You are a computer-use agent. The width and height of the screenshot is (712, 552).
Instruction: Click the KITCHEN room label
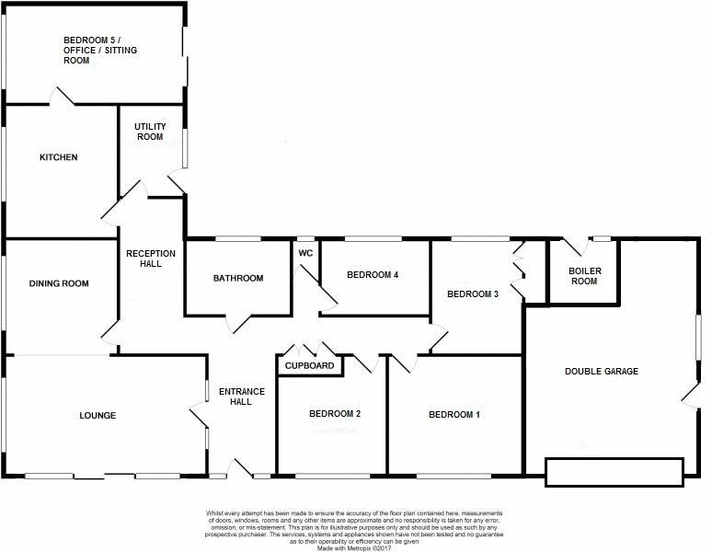pos(59,157)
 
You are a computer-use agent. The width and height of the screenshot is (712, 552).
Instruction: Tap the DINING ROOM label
pos(59,283)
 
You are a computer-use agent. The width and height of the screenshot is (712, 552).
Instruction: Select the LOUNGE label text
pos(98,415)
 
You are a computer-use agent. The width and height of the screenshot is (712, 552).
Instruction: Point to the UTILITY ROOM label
pos(150,132)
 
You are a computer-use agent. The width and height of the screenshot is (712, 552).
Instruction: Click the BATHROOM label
pos(238,278)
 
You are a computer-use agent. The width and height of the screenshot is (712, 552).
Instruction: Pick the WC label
pos(305,253)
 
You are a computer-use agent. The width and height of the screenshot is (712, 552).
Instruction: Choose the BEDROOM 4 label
pos(373,275)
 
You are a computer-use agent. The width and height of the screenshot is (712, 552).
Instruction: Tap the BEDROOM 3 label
pos(473,294)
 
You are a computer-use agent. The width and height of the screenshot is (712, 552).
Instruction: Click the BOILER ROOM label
pos(585,276)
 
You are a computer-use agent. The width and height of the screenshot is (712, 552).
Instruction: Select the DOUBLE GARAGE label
pos(602,372)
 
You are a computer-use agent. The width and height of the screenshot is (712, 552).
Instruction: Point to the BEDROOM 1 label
pos(454,414)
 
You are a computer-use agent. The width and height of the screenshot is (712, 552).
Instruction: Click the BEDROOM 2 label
pos(335,414)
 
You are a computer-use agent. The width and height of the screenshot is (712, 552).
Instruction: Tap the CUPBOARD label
pos(310,366)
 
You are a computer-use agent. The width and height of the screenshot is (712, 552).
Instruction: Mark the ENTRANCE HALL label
pos(242,397)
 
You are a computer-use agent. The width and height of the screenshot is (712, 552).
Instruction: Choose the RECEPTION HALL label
pos(151,259)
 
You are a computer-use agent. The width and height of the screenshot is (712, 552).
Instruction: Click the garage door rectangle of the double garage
pos(614,473)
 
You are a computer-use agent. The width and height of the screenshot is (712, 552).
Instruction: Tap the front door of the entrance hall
pos(240,468)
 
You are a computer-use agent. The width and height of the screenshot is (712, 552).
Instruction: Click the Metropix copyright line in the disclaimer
pos(354,548)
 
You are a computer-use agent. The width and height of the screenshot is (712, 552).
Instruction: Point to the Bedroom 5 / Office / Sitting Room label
pos(100,51)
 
